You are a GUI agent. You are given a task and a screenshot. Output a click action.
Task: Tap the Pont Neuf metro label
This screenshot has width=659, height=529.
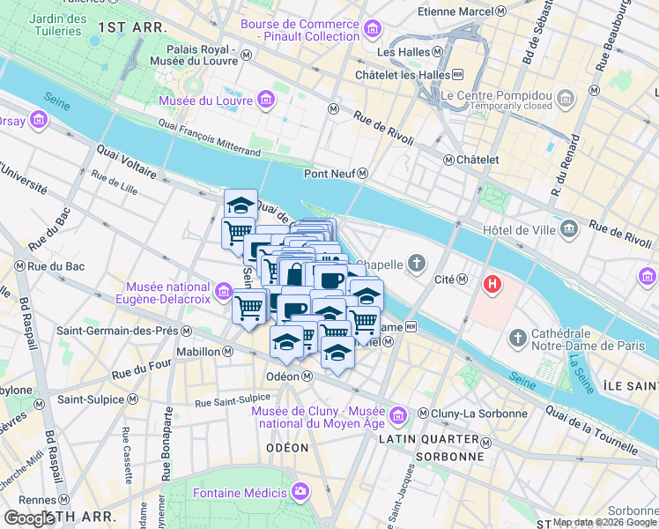[x=329, y=174]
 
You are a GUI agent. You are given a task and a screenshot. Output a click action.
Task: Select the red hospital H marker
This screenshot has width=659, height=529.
[x=492, y=286]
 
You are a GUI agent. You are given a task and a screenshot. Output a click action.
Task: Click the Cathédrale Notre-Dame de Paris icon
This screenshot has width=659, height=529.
[x=517, y=337]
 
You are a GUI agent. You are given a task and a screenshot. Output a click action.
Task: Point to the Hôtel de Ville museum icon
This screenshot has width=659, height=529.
[x=568, y=230]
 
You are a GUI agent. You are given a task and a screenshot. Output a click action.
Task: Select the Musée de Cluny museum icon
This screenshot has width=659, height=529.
[x=397, y=414]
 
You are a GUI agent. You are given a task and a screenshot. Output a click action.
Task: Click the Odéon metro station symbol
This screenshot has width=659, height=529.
[x=307, y=376]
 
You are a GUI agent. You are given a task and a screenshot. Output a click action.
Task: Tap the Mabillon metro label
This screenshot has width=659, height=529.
[x=197, y=352]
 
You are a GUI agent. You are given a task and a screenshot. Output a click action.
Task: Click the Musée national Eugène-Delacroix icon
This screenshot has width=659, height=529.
[x=223, y=287]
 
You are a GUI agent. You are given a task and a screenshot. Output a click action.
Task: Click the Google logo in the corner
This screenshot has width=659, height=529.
[x=29, y=518]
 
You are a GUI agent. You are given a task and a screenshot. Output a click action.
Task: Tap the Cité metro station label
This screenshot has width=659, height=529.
[x=444, y=279]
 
